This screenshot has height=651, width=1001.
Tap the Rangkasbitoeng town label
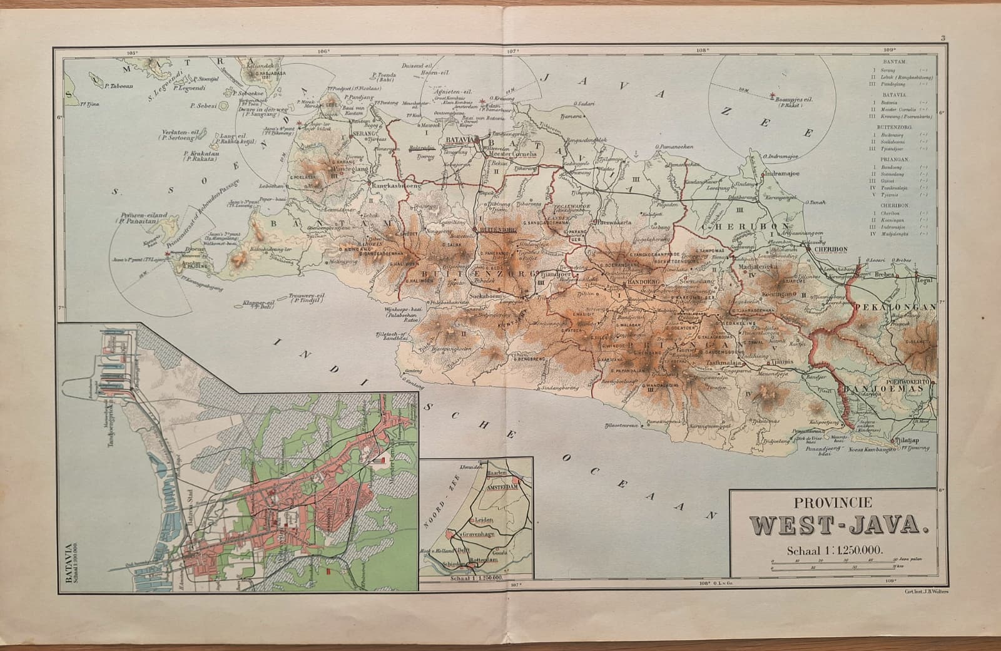(x=395, y=186)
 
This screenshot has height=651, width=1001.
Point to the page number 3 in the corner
(x=942, y=39)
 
